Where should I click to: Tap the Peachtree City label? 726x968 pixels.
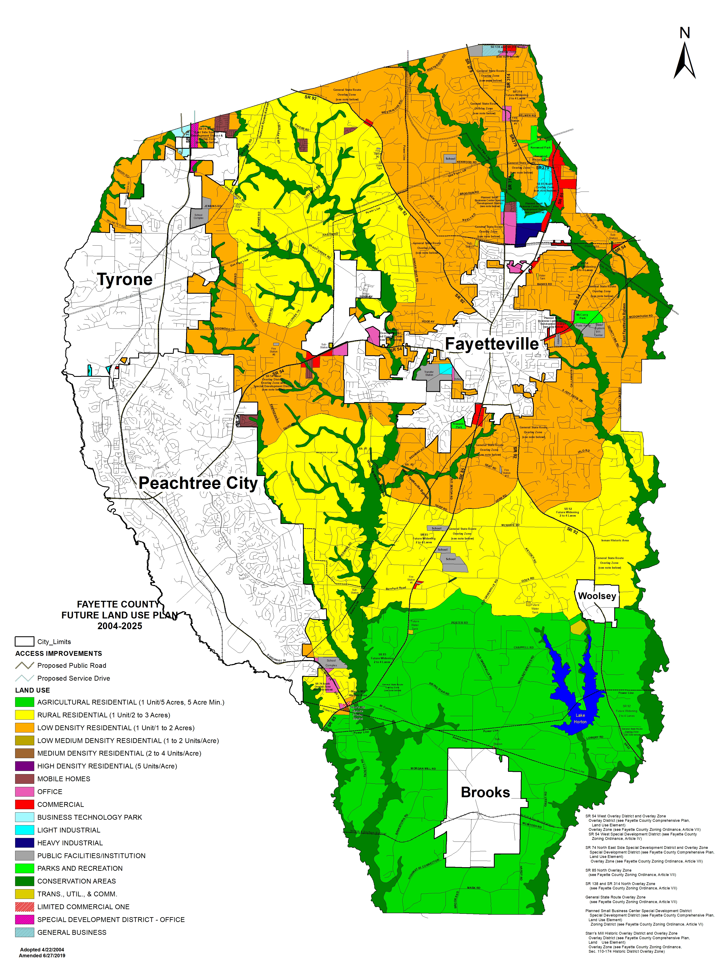[198, 483]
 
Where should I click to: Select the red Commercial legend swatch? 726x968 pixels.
[25, 804]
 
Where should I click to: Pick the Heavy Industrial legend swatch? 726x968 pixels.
[25, 843]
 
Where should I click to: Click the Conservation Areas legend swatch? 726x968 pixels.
[25, 881]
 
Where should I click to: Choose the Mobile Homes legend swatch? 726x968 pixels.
[25, 779]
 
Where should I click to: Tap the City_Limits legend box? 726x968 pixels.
[25, 642]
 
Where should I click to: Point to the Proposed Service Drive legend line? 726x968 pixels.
[25, 678]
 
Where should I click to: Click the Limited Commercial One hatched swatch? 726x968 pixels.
[25, 907]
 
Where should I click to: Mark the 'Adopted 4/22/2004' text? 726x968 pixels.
[42, 950]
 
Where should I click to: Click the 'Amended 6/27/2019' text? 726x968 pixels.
[42, 955]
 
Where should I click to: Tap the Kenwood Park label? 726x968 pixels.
[541, 147]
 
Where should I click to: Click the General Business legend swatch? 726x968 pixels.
[25, 932]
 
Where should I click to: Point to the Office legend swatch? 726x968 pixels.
[25, 792]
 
